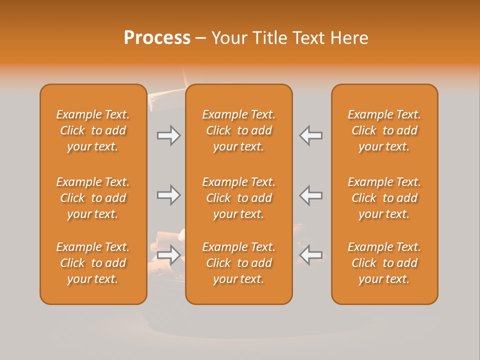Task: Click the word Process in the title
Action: pyautogui.click(x=157, y=38)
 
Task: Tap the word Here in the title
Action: pyautogui.click(x=349, y=38)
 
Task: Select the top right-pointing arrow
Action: pyautogui.click(x=169, y=135)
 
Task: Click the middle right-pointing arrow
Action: pyautogui.click(x=169, y=195)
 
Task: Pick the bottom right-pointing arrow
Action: pyautogui.click(x=169, y=254)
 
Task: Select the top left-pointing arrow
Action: pyautogui.click(x=310, y=135)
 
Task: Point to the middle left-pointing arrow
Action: pyautogui.click(x=310, y=195)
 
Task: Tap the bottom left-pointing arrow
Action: pyautogui.click(x=310, y=254)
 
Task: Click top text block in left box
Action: pyautogui.click(x=93, y=130)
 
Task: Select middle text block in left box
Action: pyautogui.click(x=93, y=198)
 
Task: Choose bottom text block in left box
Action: pyautogui.click(x=93, y=263)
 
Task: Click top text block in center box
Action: pyautogui.click(x=238, y=130)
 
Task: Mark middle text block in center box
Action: pyautogui.click(x=238, y=198)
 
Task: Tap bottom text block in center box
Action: pyautogui.click(x=238, y=263)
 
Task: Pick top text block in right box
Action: pyautogui.click(x=384, y=130)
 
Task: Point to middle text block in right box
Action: pyautogui.click(x=384, y=198)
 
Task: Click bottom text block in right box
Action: pyautogui.click(x=384, y=263)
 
